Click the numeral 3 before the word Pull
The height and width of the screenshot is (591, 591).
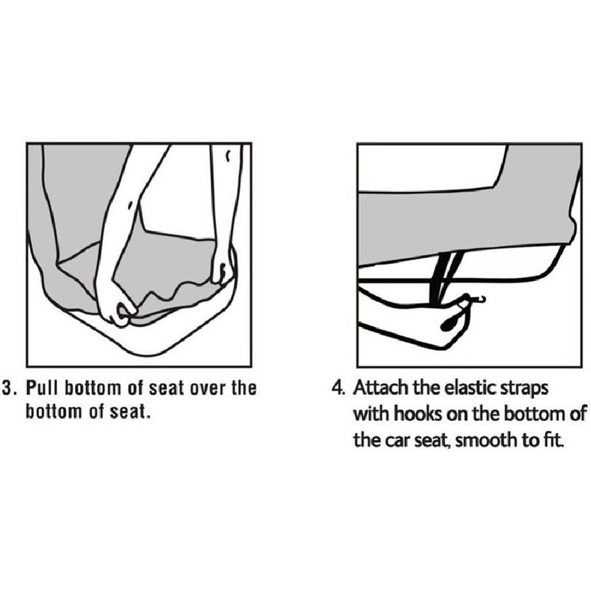(8, 388)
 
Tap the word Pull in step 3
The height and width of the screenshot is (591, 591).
(42, 388)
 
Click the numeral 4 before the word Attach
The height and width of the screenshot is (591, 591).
(337, 388)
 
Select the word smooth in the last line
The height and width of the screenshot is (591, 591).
(486, 440)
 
